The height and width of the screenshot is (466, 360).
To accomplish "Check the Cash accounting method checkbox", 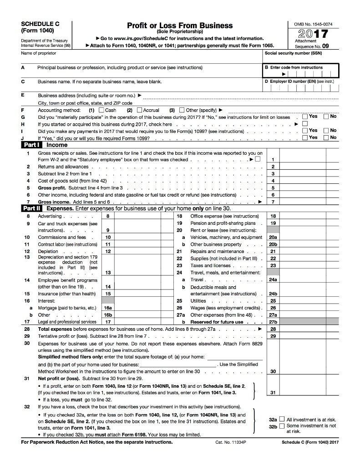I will (x=102, y=110).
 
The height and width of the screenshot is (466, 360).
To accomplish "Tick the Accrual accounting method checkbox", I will (x=140, y=110).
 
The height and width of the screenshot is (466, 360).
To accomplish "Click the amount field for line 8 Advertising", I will (x=142, y=216).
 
